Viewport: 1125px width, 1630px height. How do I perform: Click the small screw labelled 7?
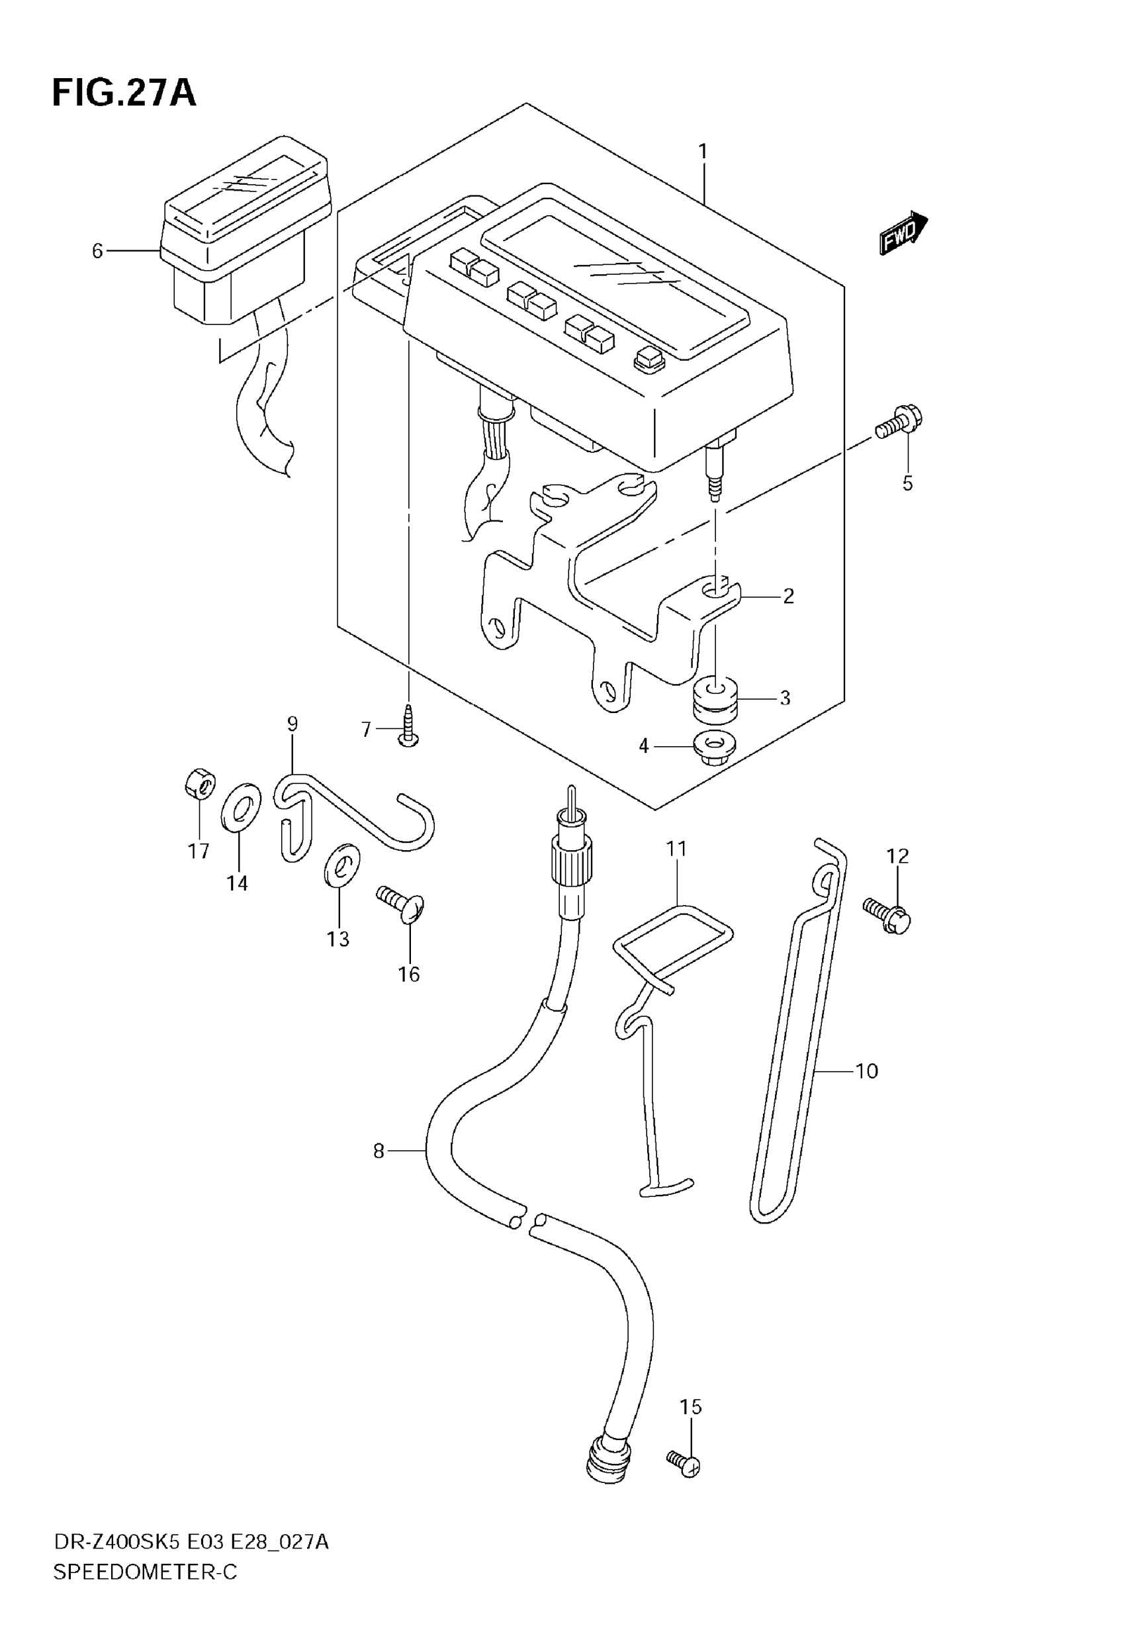(x=408, y=726)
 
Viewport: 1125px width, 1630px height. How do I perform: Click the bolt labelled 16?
(x=402, y=904)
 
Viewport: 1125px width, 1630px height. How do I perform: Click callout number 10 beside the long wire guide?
(x=866, y=1072)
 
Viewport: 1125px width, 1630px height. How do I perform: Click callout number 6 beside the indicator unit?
(x=97, y=251)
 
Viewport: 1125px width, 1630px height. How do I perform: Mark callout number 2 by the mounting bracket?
(x=788, y=597)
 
